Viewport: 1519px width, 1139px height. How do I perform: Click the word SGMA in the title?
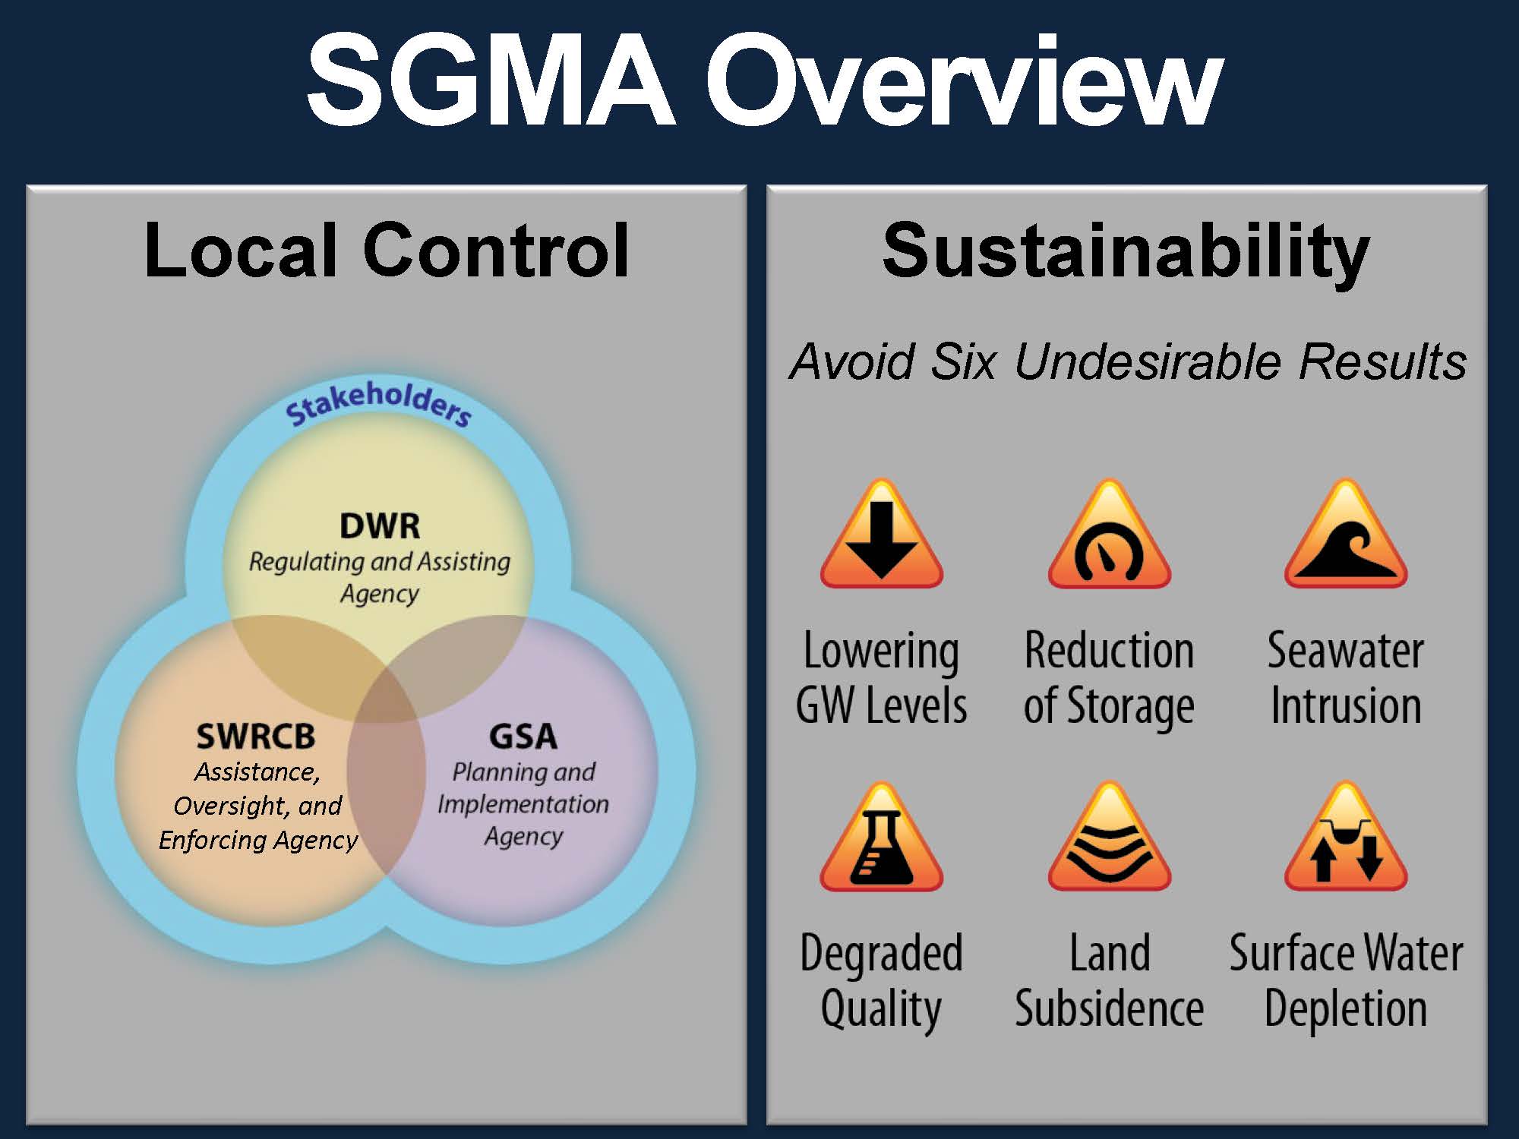coord(491,80)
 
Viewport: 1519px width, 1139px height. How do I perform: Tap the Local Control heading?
coord(387,250)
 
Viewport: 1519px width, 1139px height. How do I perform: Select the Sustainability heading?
coord(1126,251)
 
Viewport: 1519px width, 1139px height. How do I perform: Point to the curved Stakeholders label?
coord(378,402)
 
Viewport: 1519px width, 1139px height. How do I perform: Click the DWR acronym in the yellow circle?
coord(380,526)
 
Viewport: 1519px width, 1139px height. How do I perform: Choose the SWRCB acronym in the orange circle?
coord(256,736)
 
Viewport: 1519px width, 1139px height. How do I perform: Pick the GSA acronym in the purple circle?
coord(523,736)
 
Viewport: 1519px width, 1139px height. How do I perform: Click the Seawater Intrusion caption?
coord(1345,678)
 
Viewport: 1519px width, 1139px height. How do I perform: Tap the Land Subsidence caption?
coord(1109,981)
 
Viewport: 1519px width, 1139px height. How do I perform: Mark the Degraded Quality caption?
coord(881,981)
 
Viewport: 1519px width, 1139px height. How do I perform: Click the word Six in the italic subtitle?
coord(963,361)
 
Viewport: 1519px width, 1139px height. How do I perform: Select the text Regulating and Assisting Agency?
coord(380,577)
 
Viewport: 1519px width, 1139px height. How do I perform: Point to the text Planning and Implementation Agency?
coord(523,804)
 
